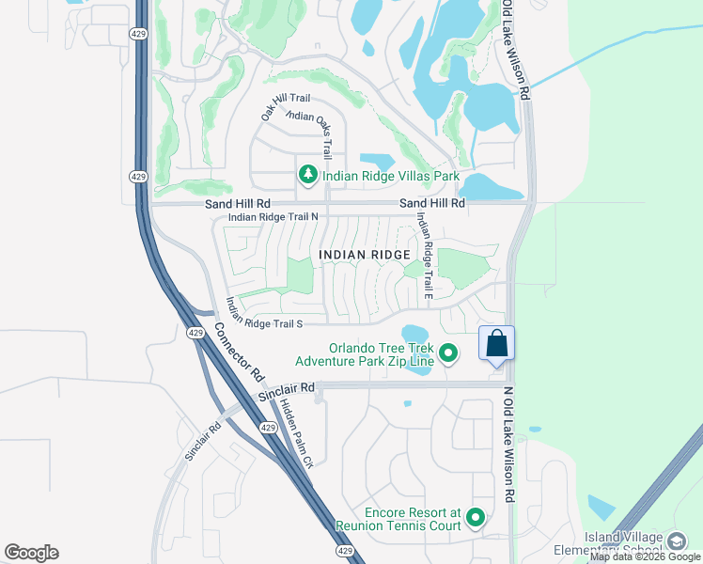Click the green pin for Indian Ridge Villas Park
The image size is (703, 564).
[307, 175]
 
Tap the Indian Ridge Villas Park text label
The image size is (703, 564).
[390, 176]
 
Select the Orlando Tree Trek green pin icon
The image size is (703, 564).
[449, 352]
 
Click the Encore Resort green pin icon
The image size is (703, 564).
[476, 516]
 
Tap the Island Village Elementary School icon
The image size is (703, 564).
[677, 541]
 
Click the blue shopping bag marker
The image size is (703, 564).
[497, 344]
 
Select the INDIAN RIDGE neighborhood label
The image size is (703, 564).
[365, 255]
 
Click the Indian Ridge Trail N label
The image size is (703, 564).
[273, 217]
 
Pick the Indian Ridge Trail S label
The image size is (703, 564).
[262, 323]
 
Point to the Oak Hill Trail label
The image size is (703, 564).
[285, 104]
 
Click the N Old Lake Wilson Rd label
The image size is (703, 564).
[509, 443]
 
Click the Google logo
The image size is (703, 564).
[31, 553]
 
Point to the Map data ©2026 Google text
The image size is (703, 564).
[645, 557]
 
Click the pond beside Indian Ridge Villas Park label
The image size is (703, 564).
[378, 162]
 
